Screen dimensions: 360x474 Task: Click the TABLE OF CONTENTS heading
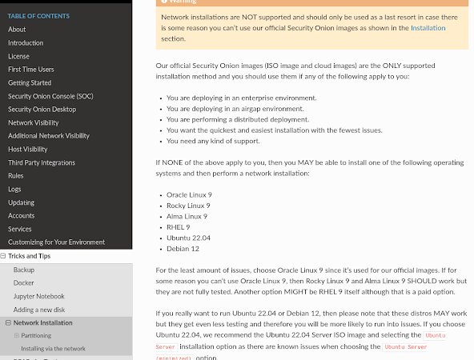(38, 16)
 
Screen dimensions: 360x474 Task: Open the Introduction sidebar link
(26, 43)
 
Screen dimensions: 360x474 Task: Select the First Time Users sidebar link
(30, 70)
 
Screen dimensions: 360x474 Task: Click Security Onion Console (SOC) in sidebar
(50, 96)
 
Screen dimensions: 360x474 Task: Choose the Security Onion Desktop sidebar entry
(42, 110)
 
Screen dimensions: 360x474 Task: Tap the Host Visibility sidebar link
(28, 149)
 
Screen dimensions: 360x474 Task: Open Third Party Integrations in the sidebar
(42, 162)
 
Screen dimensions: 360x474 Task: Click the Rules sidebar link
(16, 175)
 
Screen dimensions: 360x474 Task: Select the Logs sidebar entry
(14, 189)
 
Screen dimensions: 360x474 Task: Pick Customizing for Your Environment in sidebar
(56, 242)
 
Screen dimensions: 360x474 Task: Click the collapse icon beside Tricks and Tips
(4, 256)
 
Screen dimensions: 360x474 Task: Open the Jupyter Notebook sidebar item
(38, 296)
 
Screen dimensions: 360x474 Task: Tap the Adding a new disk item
(39, 309)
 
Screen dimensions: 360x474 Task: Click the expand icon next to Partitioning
(16, 336)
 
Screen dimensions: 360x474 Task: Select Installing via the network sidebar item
(53, 349)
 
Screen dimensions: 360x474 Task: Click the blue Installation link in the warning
(428, 28)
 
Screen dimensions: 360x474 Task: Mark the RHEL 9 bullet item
(178, 227)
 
